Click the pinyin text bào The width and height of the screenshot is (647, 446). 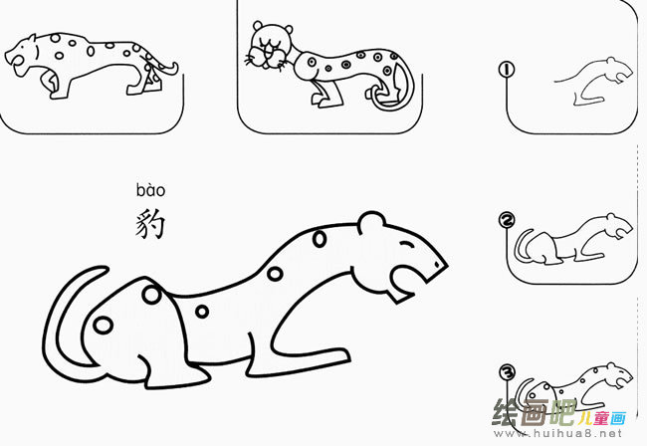click(150, 190)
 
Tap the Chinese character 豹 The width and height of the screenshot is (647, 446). click(150, 223)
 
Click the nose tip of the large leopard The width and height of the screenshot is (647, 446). click(442, 264)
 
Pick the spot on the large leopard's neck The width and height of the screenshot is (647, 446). click(319, 239)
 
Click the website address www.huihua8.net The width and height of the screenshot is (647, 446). click(571, 434)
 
